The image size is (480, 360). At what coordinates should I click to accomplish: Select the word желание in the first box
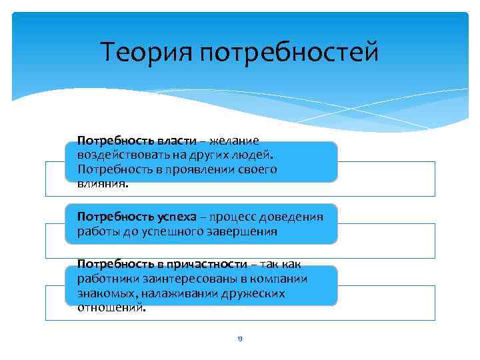[235, 141]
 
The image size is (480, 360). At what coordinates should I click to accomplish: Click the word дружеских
[252, 293]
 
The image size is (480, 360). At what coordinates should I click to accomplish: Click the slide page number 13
[240, 339]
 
